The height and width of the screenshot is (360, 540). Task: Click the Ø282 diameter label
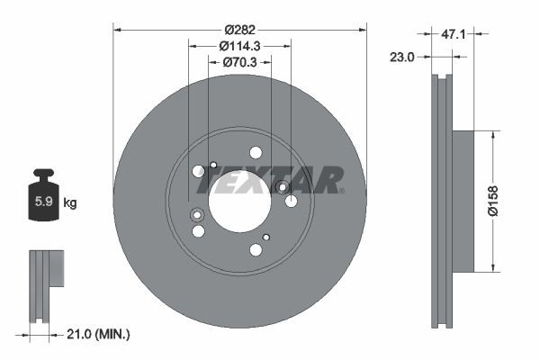pyautogui.click(x=239, y=29)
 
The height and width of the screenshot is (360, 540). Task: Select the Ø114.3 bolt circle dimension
pyautogui.click(x=239, y=46)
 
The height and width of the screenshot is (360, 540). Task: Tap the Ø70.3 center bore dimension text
pyautogui.click(x=239, y=62)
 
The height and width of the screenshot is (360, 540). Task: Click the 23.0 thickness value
pyautogui.click(x=402, y=56)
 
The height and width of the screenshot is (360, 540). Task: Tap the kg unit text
pyautogui.click(x=70, y=203)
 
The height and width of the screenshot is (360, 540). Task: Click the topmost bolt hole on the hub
pyautogui.click(x=256, y=152)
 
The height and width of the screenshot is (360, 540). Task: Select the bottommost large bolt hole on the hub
pyautogui.click(x=256, y=248)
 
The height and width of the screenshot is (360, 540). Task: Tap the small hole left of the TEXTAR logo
pyautogui.click(x=213, y=165)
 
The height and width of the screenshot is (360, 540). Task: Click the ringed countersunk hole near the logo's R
pyautogui.click(x=283, y=188)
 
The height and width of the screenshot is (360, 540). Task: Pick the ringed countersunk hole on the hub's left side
pyautogui.click(x=197, y=214)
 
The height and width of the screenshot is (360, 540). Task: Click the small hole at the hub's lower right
pyautogui.click(x=266, y=237)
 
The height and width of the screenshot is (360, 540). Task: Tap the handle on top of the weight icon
pyautogui.click(x=42, y=175)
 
